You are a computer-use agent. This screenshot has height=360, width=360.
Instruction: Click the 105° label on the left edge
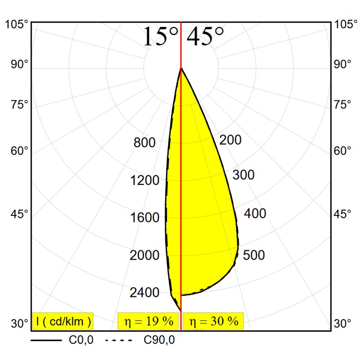pos(17,24)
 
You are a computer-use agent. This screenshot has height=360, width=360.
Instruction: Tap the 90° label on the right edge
pos(342,64)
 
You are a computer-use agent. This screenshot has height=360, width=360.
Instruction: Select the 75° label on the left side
pos(19,104)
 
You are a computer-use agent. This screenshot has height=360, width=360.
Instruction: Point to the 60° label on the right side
pos(342,151)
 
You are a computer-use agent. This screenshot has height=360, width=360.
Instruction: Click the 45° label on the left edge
pos(19,214)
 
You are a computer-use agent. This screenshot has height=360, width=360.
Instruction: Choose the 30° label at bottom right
pos(342,324)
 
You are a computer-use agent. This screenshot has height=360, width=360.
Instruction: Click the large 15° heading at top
pos(161,36)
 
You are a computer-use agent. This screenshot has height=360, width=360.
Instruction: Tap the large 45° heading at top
pos(205,36)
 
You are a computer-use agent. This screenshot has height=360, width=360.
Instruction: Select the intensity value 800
pos(144,142)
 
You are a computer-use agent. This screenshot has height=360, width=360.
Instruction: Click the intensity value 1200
pos(144,180)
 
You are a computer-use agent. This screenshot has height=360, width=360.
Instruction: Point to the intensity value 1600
pos(144,217)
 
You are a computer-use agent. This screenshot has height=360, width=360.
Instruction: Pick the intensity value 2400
pos(144,292)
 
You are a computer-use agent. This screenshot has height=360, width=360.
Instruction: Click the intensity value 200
pos(230,140)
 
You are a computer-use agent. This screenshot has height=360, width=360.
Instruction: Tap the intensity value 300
pos(243,175)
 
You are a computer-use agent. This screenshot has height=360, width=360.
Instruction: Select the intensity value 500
pos(254,255)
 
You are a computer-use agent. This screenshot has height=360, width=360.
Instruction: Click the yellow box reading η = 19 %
pos(148,321)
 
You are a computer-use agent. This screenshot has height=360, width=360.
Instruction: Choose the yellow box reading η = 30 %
pos(213,321)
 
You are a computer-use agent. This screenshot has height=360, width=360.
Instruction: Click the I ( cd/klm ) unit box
pos(63,321)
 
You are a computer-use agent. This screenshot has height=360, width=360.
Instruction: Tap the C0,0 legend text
pos(81,340)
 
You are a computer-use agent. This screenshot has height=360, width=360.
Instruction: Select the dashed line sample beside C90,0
pos(119,340)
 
